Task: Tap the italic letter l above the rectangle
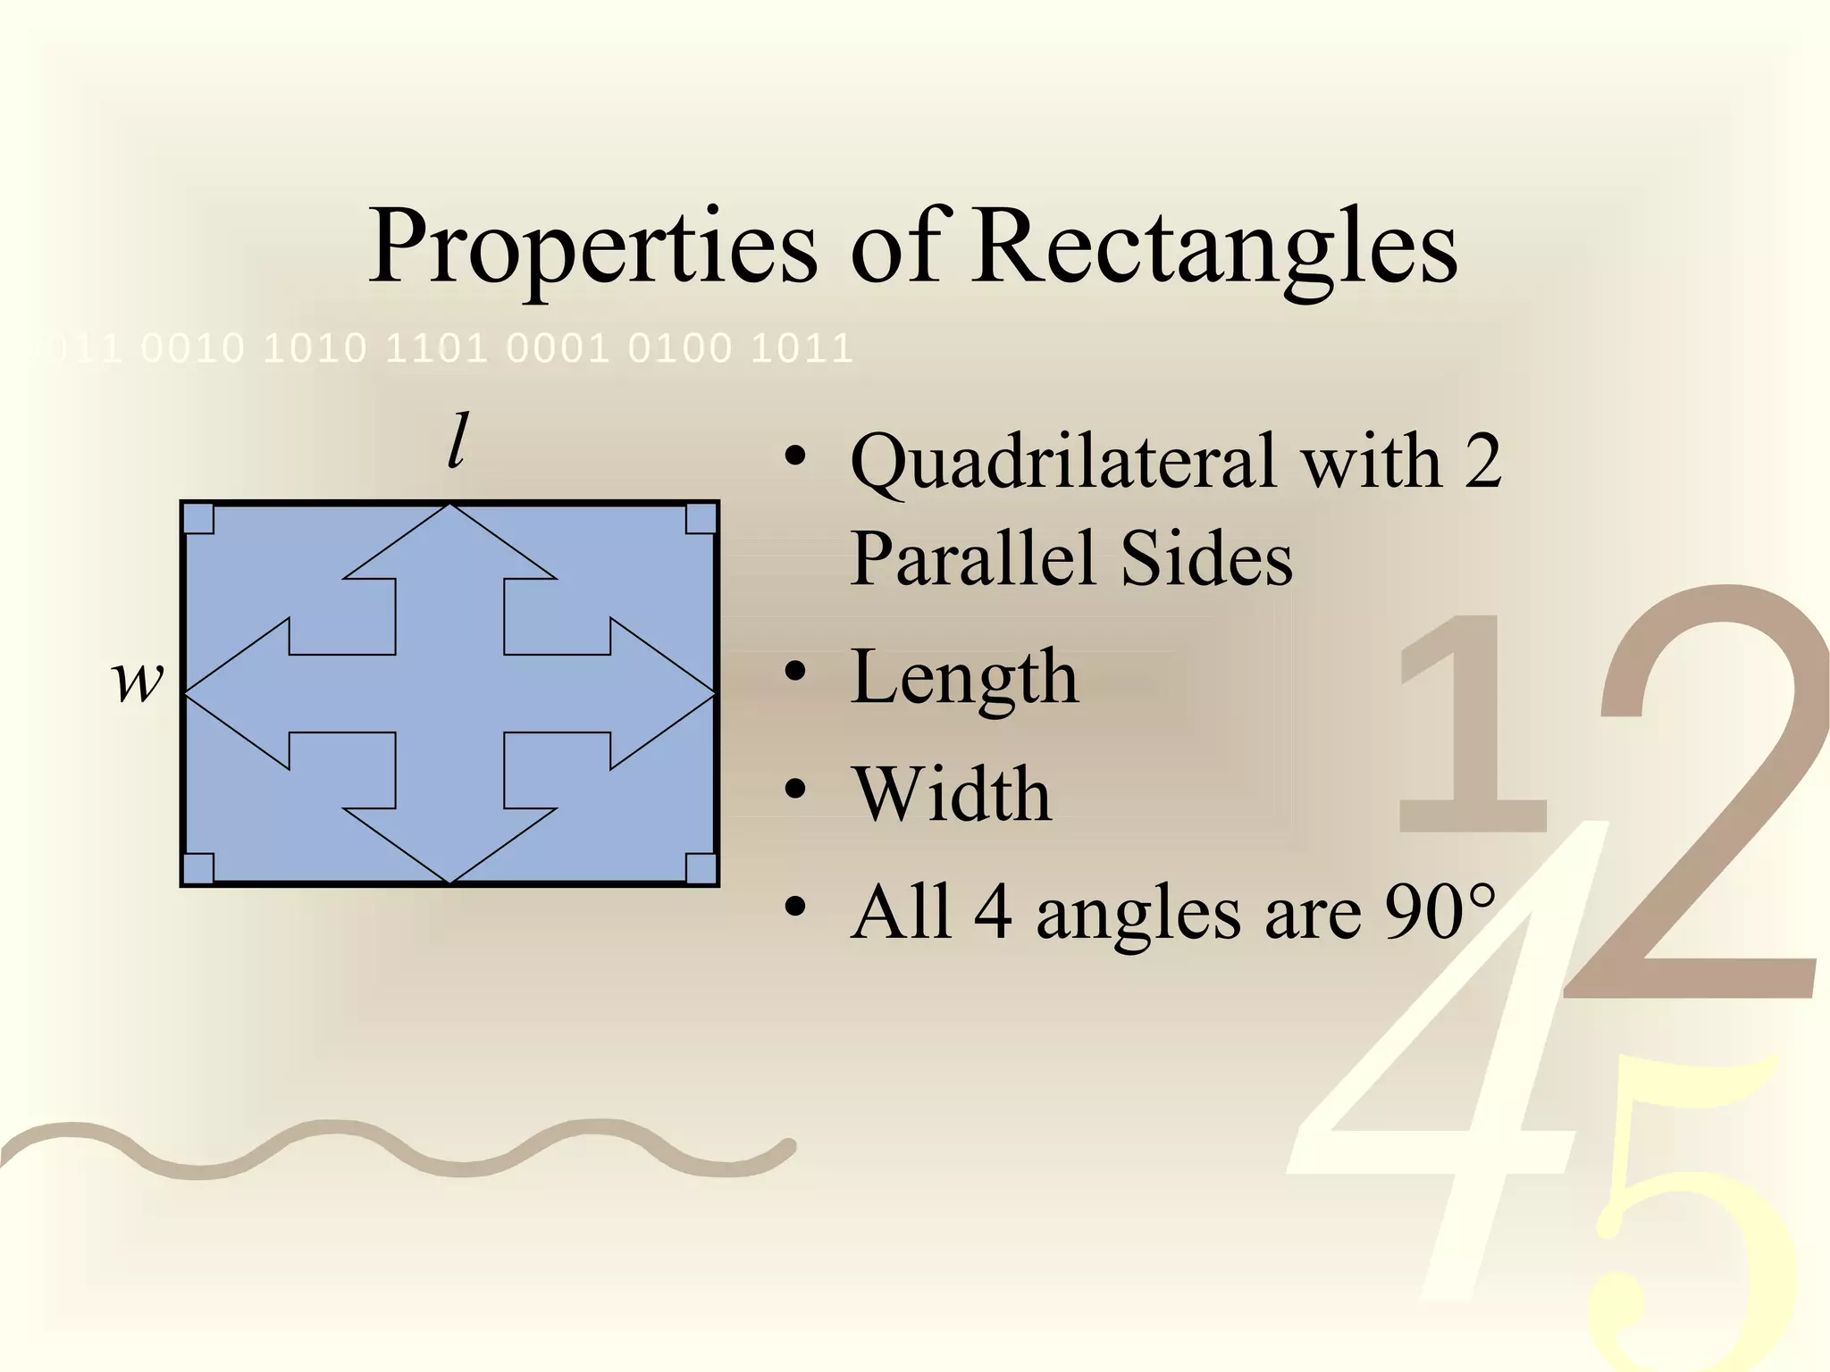pos(457,441)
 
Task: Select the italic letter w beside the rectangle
pos(139,681)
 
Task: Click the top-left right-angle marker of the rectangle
pos(198,519)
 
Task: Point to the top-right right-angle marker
pos(701,519)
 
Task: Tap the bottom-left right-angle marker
pos(198,868)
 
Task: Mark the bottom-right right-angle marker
pos(701,868)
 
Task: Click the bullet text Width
pos(952,794)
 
